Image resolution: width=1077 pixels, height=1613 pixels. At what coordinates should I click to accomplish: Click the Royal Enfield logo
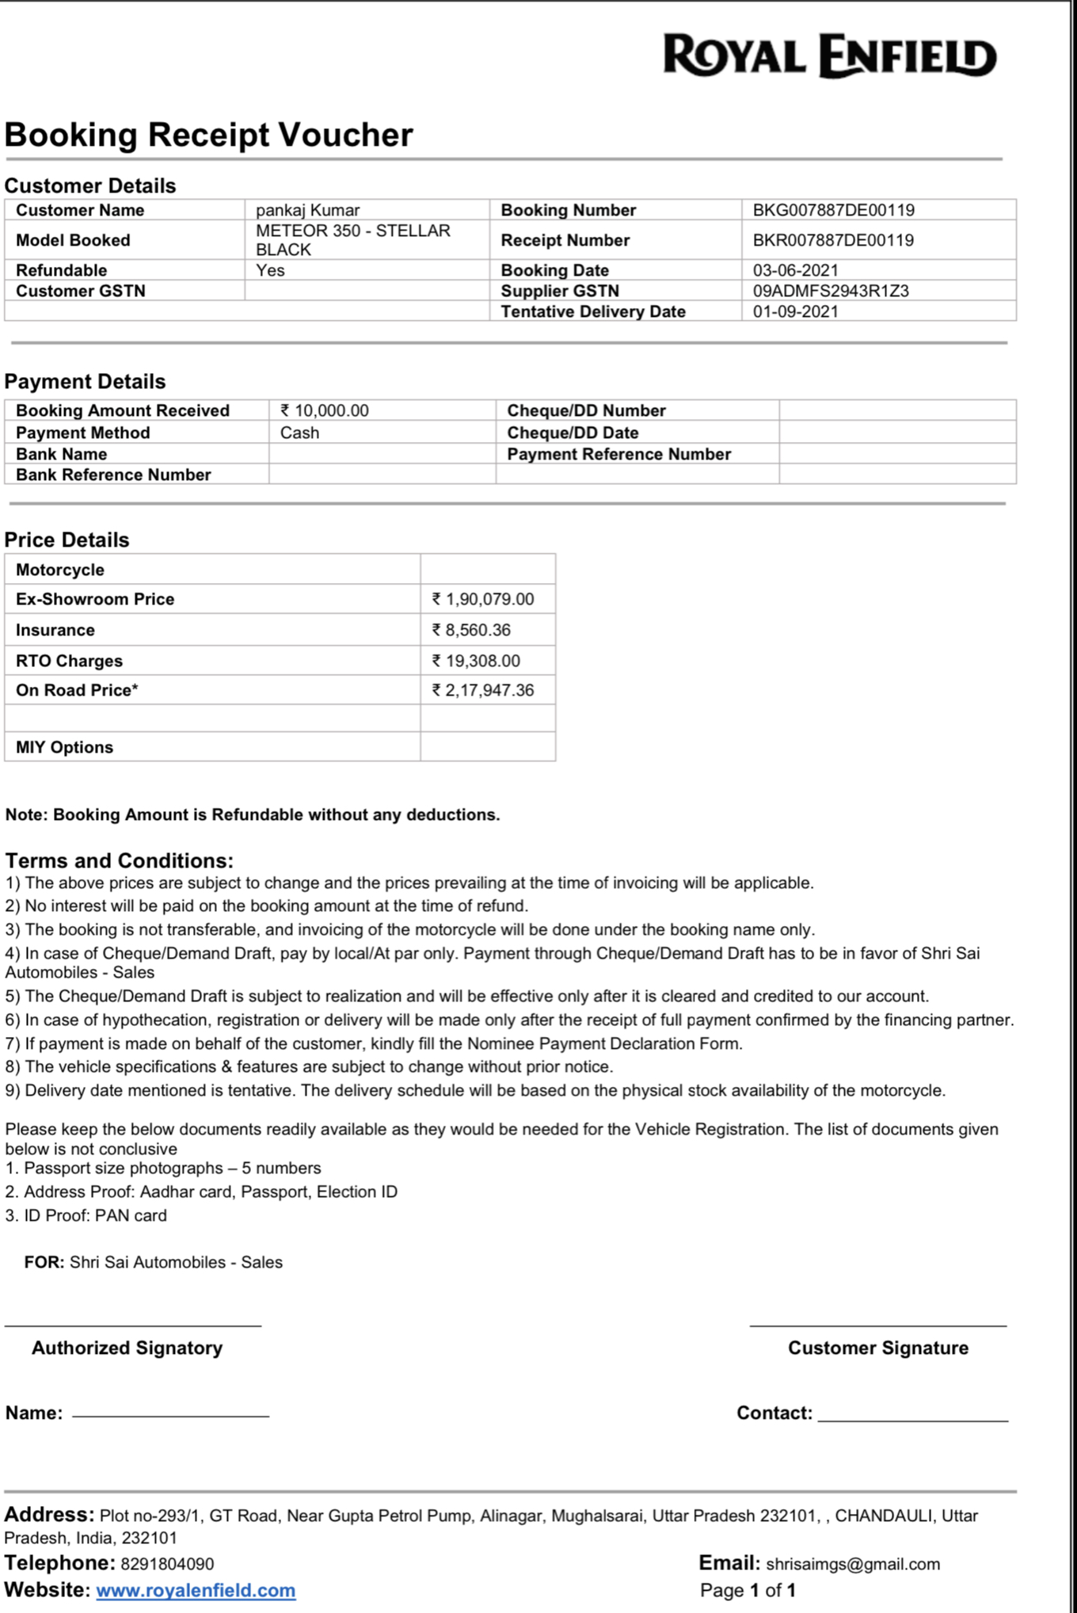(829, 56)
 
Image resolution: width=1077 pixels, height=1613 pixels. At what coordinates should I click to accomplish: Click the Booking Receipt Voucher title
(208, 135)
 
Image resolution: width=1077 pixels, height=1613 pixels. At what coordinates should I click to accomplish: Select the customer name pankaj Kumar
(307, 210)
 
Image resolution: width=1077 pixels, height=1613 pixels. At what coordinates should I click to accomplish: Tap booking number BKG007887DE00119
(833, 210)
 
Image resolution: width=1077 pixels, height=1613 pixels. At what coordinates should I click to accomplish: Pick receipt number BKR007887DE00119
(833, 240)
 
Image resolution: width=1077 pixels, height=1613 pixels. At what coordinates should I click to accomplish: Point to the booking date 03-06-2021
(795, 270)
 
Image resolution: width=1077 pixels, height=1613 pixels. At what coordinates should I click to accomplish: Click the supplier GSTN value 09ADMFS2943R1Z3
(831, 291)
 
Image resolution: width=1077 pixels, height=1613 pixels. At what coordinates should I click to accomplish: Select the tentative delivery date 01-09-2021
(795, 311)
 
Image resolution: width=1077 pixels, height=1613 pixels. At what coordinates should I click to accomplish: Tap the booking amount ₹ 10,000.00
(325, 410)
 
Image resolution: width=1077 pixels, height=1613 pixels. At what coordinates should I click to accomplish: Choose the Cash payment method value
(299, 433)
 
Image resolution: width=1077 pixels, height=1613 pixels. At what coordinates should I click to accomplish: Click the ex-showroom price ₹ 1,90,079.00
(483, 599)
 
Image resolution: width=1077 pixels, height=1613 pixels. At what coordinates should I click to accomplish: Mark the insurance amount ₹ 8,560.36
(471, 630)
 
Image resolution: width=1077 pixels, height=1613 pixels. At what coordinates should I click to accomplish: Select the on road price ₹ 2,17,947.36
(483, 690)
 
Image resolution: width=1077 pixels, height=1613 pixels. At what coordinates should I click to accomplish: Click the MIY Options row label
(64, 747)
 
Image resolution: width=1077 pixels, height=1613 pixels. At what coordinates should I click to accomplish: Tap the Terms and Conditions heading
(119, 860)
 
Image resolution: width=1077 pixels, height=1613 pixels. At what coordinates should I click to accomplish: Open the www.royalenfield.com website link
(196, 1590)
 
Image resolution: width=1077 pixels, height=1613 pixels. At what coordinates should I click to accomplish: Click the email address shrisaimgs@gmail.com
(853, 1564)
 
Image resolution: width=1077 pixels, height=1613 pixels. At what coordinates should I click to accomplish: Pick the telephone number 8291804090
(167, 1564)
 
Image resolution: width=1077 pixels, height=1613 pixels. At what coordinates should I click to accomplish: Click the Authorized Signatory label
(127, 1348)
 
